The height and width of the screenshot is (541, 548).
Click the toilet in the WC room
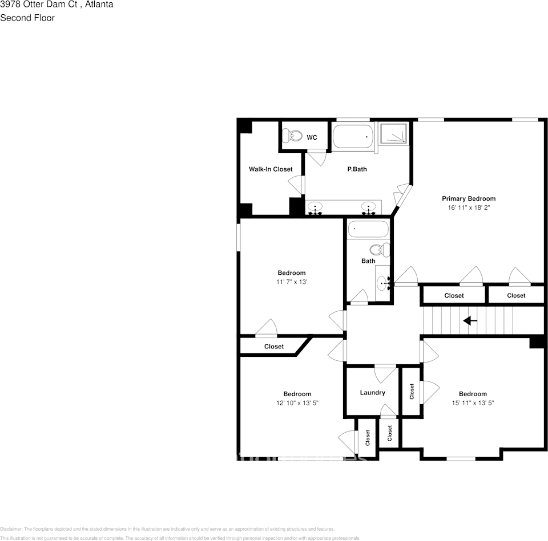[x=295, y=136]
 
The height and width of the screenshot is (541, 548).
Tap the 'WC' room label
[x=312, y=137]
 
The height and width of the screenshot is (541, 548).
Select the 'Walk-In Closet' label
[x=271, y=169]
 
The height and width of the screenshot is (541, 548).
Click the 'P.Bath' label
[x=357, y=169]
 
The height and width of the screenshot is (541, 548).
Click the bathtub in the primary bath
[x=353, y=137]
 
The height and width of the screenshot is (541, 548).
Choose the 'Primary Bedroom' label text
[x=469, y=198]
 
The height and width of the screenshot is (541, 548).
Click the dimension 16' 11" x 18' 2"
[x=469, y=208]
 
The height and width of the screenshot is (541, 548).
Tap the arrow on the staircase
[x=470, y=321]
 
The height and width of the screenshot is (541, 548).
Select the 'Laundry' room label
[x=372, y=392]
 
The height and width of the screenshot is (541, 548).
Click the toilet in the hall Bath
[x=379, y=249]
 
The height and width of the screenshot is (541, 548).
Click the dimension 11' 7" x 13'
[x=292, y=282]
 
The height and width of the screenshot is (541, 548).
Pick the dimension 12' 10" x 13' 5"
[x=297, y=403]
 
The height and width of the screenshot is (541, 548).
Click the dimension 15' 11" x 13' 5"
[x=473, y=403]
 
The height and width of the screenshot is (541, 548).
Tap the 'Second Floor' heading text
[x=27, y=18]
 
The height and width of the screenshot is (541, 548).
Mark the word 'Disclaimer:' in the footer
[x=11, y=529]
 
